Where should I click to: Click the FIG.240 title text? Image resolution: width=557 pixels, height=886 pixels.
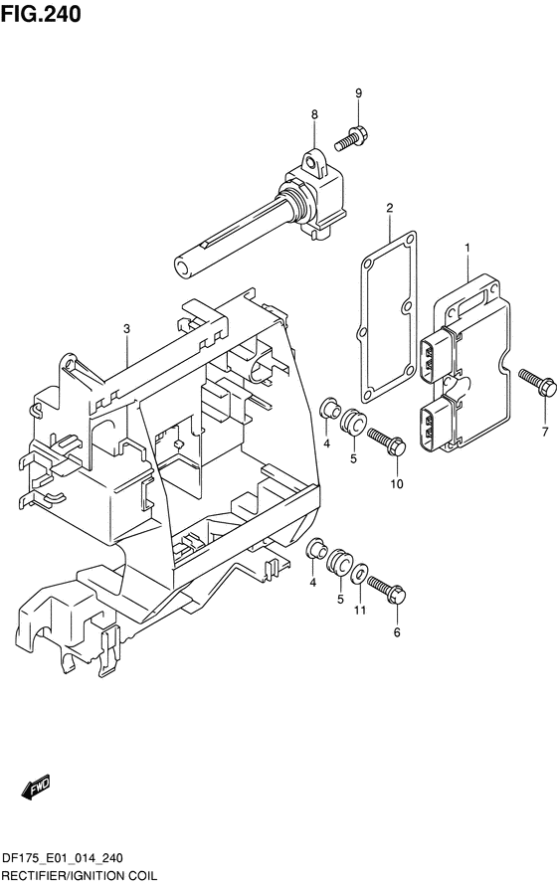coord(41,14)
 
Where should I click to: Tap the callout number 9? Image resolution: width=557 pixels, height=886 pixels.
coord(358,93)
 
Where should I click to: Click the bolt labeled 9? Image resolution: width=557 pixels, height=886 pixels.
coord(351,138)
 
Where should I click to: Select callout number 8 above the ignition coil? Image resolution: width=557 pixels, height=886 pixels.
coord(314,114)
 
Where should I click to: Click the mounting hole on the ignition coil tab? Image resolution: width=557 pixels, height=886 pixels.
coord(309,163)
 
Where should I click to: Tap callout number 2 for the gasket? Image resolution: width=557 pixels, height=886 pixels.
coord(390,208)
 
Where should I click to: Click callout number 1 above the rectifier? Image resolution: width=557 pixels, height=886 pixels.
coord(467,248)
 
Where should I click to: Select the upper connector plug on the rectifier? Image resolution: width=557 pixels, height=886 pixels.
coord(436,356)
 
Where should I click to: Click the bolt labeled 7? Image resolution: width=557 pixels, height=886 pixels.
coord(538,382)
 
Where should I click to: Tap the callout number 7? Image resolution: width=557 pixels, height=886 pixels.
coord(544,433)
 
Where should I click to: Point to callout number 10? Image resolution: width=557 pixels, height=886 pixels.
coord(397,483)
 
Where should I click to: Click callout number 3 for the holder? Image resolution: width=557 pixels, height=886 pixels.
coord(126,328)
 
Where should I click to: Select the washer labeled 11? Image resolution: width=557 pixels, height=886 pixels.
coord(358,574)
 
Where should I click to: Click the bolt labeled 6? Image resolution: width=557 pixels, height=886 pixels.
coord(387,589)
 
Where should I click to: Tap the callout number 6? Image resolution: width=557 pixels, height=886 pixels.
coord(397,632)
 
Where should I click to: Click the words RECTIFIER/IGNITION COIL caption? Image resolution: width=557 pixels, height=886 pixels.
coord(80,876)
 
